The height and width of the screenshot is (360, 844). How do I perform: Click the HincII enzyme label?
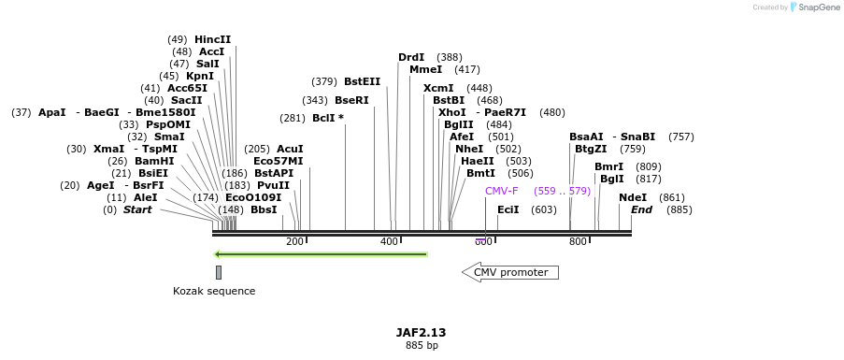tap(212, 39)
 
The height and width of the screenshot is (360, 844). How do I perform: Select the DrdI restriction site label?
tap(411, 57)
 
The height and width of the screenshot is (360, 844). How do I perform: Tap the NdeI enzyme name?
tap(633, 197)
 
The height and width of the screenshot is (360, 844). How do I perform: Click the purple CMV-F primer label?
tap(502, 191)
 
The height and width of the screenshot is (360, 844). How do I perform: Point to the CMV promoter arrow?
tap(510, 272)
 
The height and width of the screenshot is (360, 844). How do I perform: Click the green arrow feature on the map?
tap(321, 253)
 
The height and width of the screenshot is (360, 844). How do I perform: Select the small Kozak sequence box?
tap(219, 272)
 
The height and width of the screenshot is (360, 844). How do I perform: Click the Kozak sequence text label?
tap(214, 291)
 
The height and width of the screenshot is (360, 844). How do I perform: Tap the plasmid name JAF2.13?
tap(421, 332)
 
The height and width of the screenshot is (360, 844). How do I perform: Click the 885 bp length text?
tap(422, 345)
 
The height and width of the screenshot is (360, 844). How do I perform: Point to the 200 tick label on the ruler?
tap(294, 241)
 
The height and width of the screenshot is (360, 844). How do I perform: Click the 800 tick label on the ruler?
tap(578, 241)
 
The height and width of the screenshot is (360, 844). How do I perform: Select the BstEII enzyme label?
tap(363, 81)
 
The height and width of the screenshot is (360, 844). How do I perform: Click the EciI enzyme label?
tap(508, 209)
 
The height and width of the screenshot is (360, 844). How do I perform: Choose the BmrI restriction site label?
tap(608, 166)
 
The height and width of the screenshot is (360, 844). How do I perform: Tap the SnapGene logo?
tap(814, 7)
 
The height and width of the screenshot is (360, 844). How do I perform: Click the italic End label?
tap(641, 209)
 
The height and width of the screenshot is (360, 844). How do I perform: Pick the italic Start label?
tap(137, 209)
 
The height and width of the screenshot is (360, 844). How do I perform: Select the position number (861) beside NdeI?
tap(672, 197)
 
